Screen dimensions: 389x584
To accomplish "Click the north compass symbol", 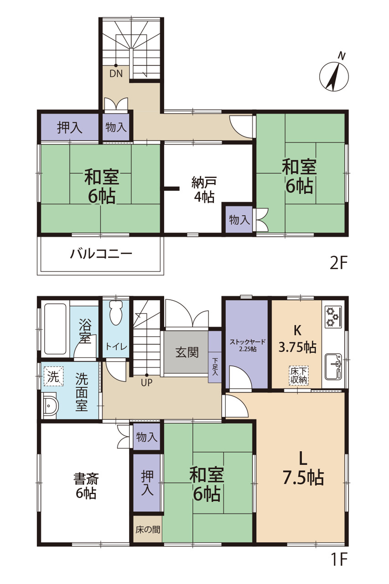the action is point(334,74).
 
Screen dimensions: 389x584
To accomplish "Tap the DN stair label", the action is point(116,73).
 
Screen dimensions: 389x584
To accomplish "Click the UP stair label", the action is point(146,382).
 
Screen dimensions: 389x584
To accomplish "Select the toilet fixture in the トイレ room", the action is point(116,313).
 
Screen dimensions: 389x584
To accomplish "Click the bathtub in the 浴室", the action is point(55,329).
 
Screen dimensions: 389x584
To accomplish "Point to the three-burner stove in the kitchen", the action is point(333,317).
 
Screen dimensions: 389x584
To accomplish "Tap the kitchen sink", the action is point(333,366).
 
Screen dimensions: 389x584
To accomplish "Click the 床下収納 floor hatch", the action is point(299,375).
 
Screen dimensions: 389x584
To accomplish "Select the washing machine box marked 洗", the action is point(54,376).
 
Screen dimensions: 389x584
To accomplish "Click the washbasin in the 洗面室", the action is point(50,406).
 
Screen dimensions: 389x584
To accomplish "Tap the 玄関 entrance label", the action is point(187,352).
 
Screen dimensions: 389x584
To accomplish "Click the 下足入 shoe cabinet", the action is point(215,357).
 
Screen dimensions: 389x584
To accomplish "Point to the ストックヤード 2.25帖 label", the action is point(248,345).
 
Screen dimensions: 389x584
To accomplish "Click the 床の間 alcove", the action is point(147,530).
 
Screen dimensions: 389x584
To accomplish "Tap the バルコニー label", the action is point(101,254).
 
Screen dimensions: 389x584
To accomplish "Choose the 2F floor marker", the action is point(338,263).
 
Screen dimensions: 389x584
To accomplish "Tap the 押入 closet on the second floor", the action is point(70,127).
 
